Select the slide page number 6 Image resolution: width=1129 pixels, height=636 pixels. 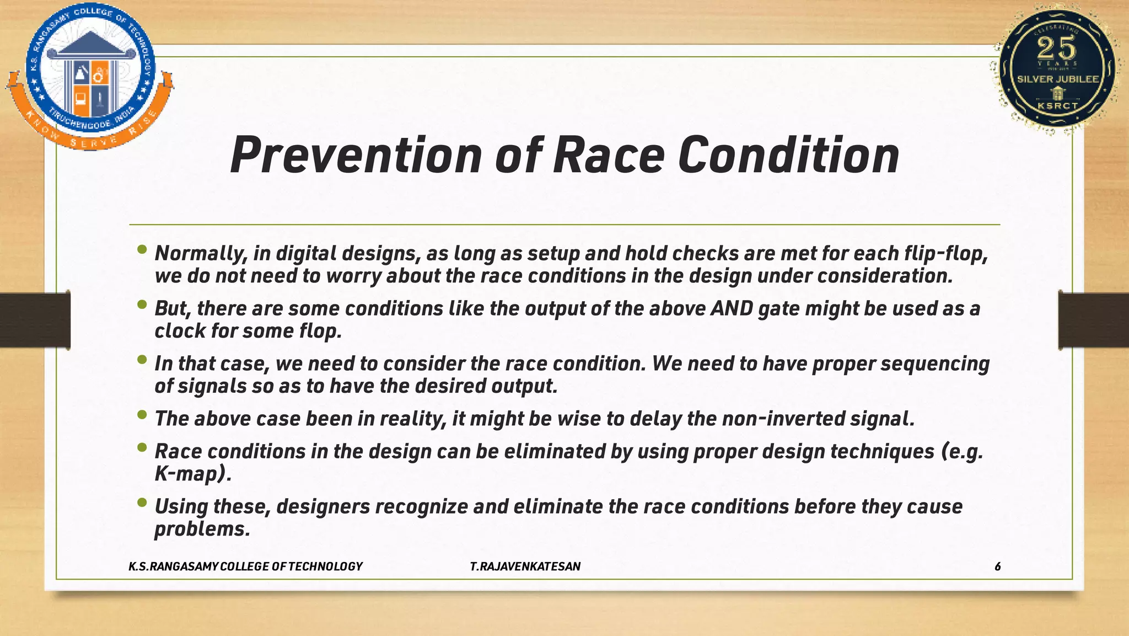point(997,566)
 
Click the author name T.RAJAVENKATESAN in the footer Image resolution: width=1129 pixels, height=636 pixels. point(525,566)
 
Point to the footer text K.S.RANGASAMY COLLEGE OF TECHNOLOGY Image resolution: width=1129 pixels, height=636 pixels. point(245,566)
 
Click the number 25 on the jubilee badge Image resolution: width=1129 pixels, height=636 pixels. point(1056,48)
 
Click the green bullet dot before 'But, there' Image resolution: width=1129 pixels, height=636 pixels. point(142,304)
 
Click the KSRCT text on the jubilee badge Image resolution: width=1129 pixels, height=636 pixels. point(1057,105)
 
